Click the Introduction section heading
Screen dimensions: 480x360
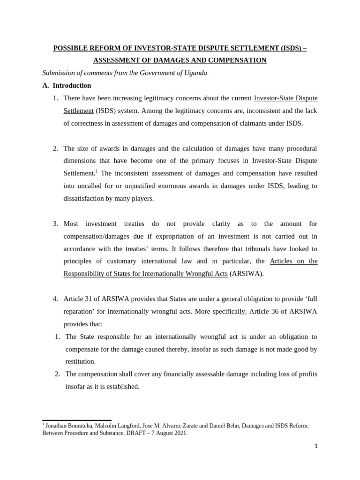pyautogui.click(x=72, y=86)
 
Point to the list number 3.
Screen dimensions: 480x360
pyautogui.click(x=55, y=224)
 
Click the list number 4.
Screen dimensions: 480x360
pyautogui.click(x=55, y=299)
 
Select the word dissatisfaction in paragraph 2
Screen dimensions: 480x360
pyautogui.click(x=86, y=198)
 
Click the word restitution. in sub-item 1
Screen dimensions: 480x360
pyautogui.click(x=81, y=361)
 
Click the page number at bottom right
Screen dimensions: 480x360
pyautogui.click(x=316, y=446)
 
